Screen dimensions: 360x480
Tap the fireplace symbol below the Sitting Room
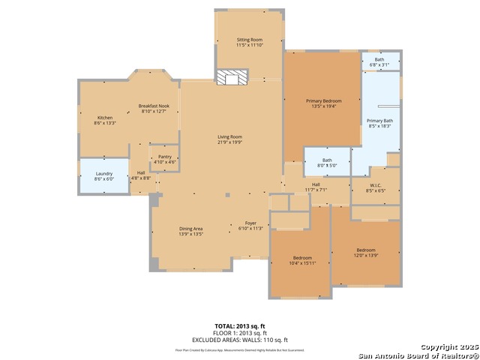click(232, 77)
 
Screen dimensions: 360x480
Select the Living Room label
click(229, 139)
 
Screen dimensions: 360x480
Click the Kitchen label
click(105, 120)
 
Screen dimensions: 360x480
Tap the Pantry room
click(164, 158)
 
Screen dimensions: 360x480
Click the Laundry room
click(104, 176)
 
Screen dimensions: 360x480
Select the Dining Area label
click(191, 231)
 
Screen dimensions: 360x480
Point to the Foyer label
click(251, 226)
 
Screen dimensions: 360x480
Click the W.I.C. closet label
click(375, 187)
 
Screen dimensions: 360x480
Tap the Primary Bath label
click(379, 124)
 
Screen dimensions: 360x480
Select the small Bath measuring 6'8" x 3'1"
click(380, 61)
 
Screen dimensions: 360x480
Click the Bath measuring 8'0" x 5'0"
click(328, 162)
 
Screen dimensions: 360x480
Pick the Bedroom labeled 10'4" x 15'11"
click(301, 260)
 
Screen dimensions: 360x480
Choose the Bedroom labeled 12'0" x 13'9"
click(365, 252)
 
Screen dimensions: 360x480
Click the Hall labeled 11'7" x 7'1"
click(316, 187)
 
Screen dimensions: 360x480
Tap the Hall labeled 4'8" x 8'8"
click(141, 175)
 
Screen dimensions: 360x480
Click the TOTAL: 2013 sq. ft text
click(240, 326)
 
